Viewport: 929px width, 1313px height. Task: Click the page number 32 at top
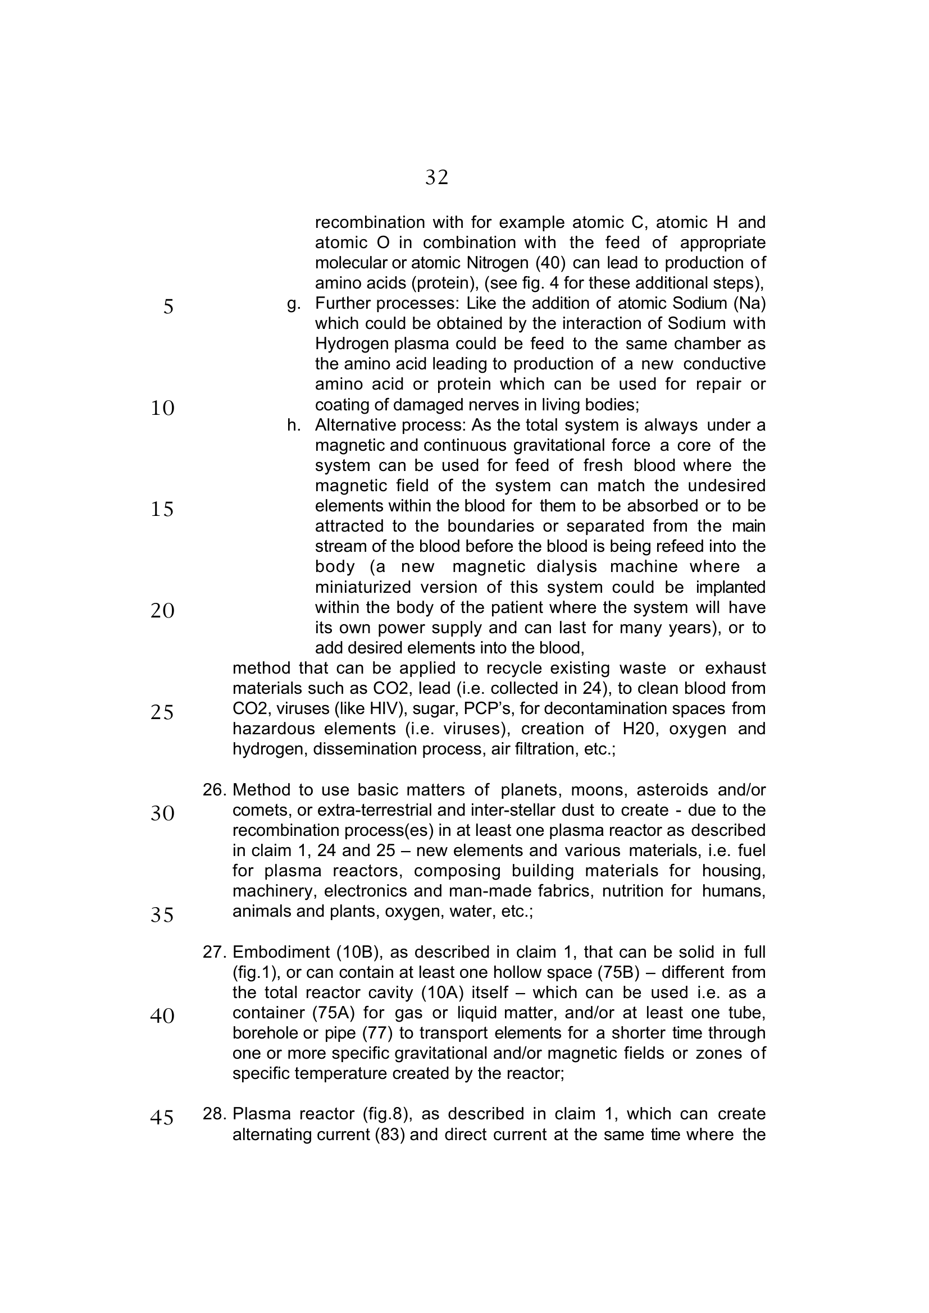click(x=436, y=178)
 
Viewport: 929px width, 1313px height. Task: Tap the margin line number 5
click(x=167, y=307)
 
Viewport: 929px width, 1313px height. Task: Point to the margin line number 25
click(x=162, y=712)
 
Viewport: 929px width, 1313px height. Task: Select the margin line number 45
click(x=162, y=1117)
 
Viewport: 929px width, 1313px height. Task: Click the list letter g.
click(x=293, y=304)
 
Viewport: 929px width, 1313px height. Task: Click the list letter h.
click(x=293, y=425)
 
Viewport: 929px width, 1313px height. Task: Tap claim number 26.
click(x=215, y=790)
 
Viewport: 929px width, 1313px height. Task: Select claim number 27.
click(x=215, y=951)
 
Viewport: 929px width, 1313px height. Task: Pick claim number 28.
click(x=215, y=1113)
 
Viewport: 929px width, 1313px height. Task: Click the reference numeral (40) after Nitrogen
click(x=550, y=263)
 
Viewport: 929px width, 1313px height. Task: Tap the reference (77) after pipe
click(x=377, y=1033)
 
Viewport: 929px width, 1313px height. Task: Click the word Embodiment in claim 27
click(x=281, y=951)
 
